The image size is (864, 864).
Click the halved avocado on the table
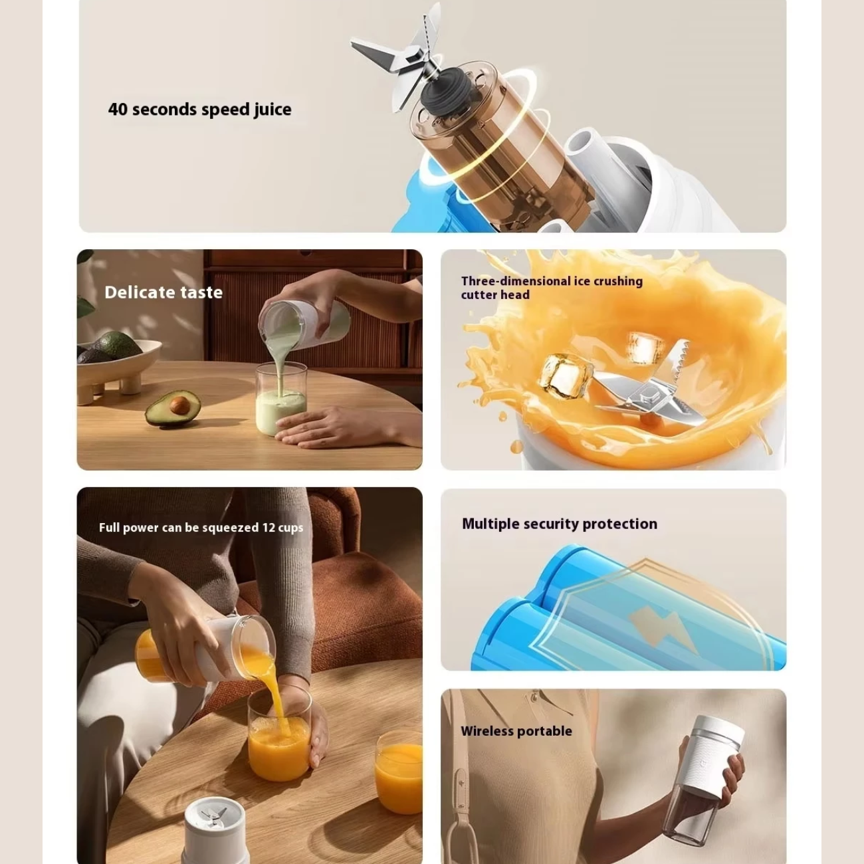point(173,407)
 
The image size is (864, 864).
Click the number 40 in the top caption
point(118,109)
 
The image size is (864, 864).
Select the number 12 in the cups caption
point(269,527)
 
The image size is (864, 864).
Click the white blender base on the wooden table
point(214,830)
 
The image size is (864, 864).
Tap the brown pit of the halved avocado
point(179,405)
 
